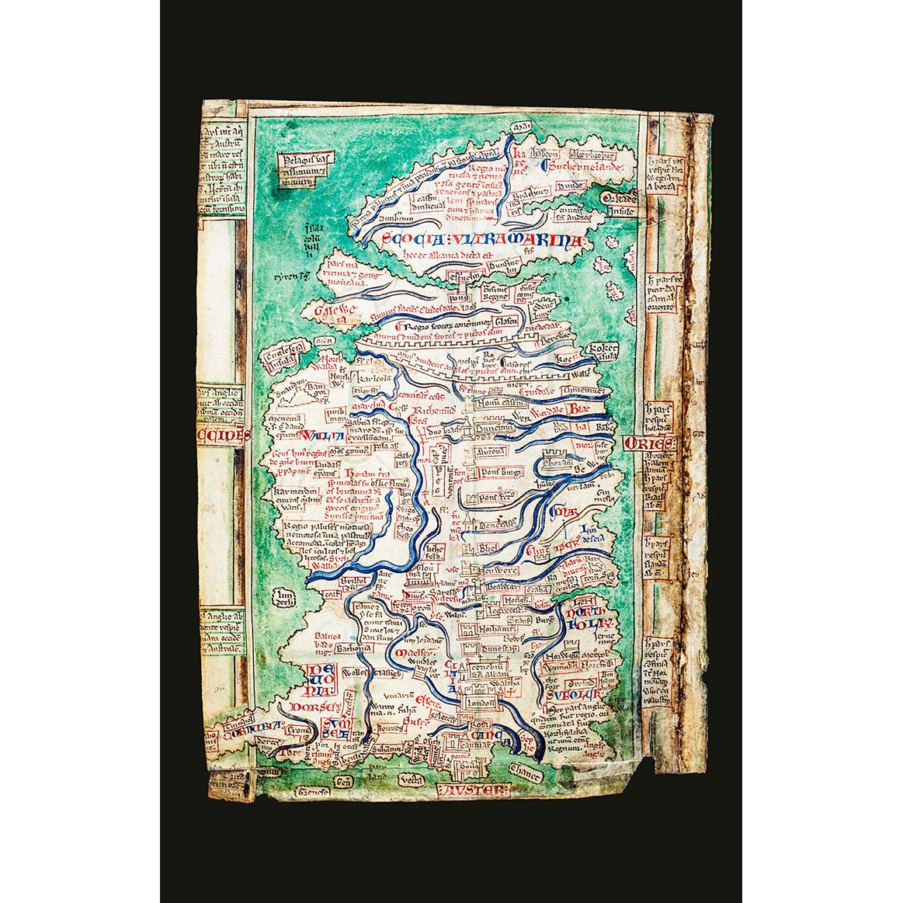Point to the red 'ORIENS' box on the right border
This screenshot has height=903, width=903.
click(x=650, y=443)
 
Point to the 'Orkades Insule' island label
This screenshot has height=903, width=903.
click(x=620, y=203)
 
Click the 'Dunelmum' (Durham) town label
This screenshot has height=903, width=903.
click(x=496, y=428)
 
